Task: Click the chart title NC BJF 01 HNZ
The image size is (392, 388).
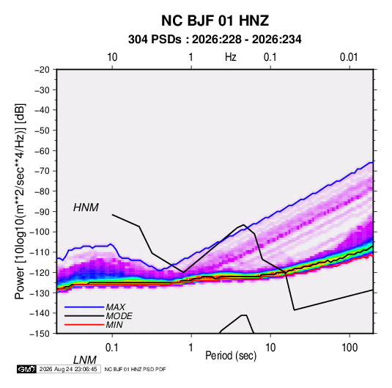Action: [215, 21]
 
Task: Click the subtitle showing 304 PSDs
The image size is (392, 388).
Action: [215, 40]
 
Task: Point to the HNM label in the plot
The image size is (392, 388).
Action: [86, 208]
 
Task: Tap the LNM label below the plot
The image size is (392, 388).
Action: [85, 360]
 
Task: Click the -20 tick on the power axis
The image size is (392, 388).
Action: [42, 70]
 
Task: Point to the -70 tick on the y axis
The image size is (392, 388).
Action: [42, 171]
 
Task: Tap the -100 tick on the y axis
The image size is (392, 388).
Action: [40, 232]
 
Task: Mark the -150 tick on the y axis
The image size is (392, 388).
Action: [40, 334]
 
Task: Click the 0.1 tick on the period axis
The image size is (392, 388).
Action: [112, 348]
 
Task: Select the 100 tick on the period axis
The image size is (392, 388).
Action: [350, 348]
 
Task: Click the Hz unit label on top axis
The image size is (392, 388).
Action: [231, 57]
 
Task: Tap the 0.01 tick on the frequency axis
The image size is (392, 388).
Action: [349, 57]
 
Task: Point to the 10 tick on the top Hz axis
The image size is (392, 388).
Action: [112, 57]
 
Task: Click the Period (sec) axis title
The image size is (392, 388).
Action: [231, 356]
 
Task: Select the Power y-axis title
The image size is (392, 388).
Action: [20, 201]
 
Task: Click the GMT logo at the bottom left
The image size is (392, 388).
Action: [26, 369]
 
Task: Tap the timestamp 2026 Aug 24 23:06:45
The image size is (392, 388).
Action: [68, 369]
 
